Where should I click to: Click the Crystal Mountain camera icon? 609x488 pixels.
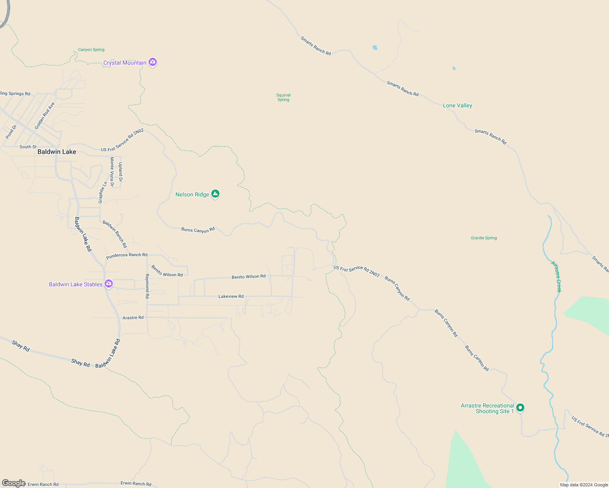153,62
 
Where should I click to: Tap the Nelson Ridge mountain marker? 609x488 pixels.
215,194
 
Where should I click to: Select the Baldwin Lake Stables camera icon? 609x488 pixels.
109,284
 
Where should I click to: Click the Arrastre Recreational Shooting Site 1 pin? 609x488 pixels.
520,407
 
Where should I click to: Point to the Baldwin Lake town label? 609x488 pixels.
57,152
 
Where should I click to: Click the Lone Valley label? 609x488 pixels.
457,105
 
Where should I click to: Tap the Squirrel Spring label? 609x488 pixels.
283,97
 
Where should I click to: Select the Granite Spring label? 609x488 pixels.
484,238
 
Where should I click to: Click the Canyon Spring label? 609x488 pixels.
91,50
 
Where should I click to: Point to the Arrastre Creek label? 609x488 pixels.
556,277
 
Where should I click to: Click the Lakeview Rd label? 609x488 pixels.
231,296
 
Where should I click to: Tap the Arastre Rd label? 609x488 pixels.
133,318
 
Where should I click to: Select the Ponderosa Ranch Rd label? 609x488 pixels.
127,255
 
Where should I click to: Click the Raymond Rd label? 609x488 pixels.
147,286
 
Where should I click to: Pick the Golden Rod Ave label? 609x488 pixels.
45,116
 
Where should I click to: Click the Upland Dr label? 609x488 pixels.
120,172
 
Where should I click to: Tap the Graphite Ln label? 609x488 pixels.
103,192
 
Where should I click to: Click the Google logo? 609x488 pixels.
13,483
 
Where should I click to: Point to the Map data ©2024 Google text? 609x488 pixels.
584,485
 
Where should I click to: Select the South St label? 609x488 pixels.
28,147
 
